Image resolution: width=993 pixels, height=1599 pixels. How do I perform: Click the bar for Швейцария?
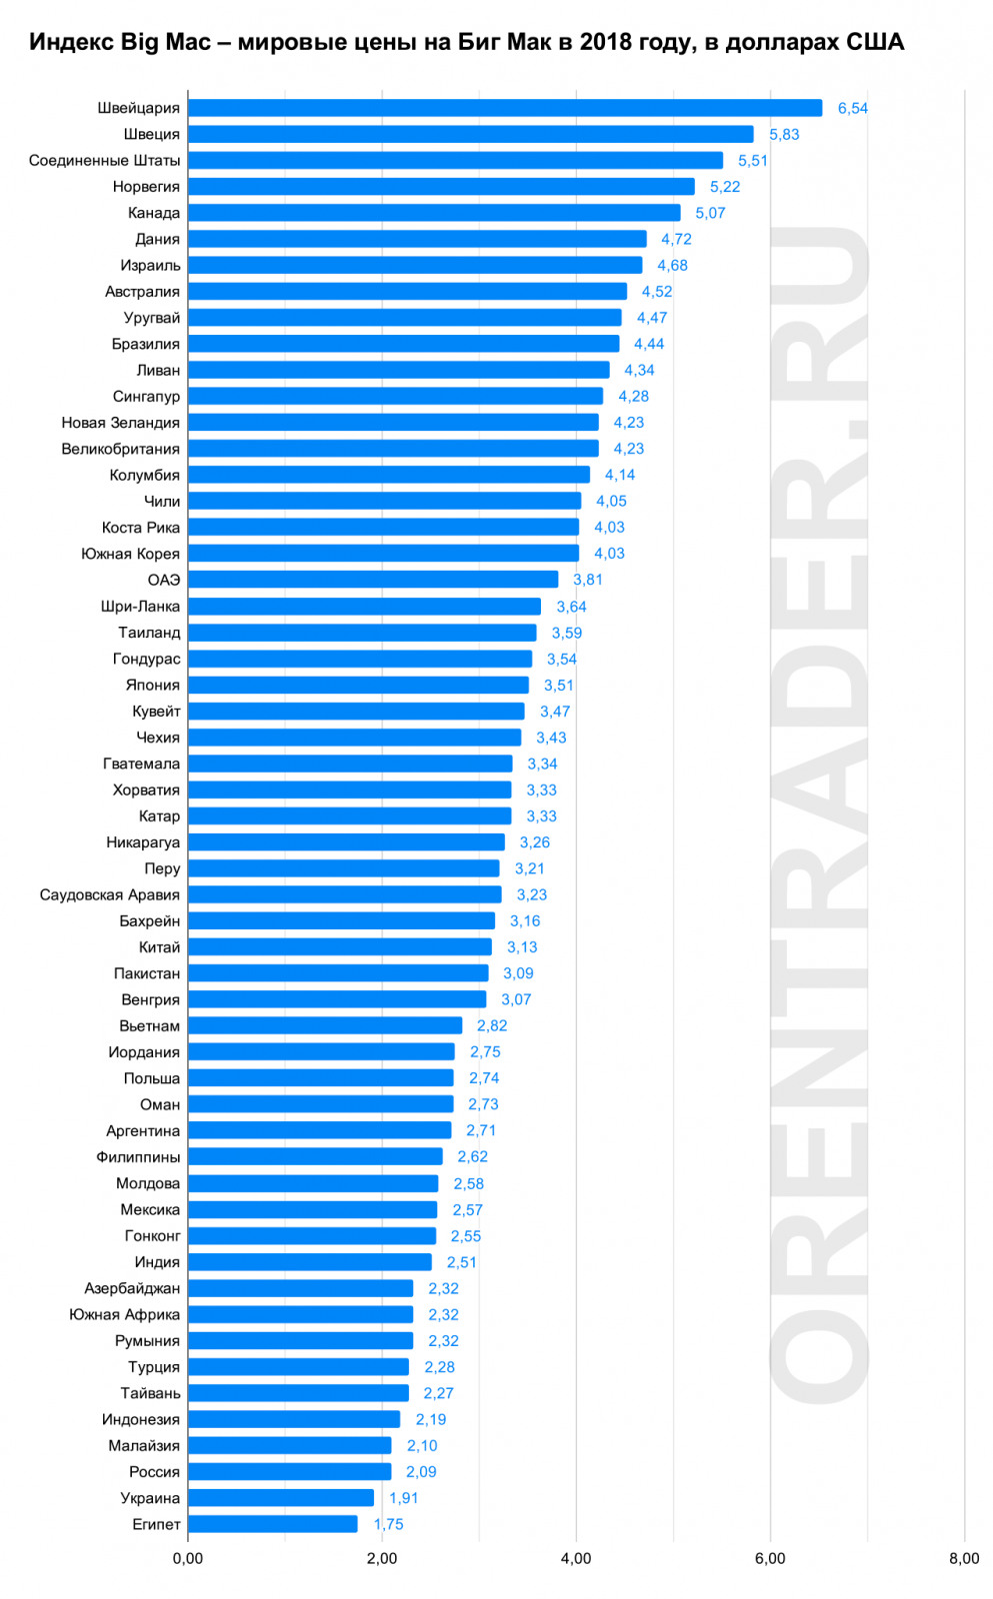pos(505,108)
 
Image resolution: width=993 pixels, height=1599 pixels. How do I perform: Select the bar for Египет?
pos(272,1524)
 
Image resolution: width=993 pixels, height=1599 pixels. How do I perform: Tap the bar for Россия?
pos(289,1471)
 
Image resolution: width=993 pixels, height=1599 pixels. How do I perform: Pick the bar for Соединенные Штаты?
pos(455,160)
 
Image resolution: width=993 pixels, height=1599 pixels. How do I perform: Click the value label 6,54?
pos(852,108)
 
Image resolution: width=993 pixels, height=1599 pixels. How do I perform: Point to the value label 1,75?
pos(388,1524)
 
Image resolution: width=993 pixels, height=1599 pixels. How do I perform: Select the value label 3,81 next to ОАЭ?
pos(587,580)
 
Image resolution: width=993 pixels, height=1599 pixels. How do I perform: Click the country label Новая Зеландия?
pos(121,423)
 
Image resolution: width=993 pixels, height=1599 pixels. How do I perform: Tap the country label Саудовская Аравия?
pos(110,894)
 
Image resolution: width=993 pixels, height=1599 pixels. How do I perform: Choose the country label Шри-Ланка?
pos(141,607)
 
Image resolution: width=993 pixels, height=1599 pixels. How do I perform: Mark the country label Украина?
pos(150,1498)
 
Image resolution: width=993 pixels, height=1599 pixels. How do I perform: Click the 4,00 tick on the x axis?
pos(576,1558)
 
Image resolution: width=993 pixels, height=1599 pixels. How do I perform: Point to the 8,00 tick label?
pos(964,1558)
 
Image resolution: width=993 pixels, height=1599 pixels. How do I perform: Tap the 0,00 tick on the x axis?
pos(188,1558)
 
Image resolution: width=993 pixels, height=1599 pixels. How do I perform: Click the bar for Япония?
pos(358,685)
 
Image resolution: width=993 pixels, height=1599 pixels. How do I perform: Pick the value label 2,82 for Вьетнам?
pos(491,1025)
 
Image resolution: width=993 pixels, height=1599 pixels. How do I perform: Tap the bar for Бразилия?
pos(403,344)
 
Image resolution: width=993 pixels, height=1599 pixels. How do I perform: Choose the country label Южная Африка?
pos(125,1314)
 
